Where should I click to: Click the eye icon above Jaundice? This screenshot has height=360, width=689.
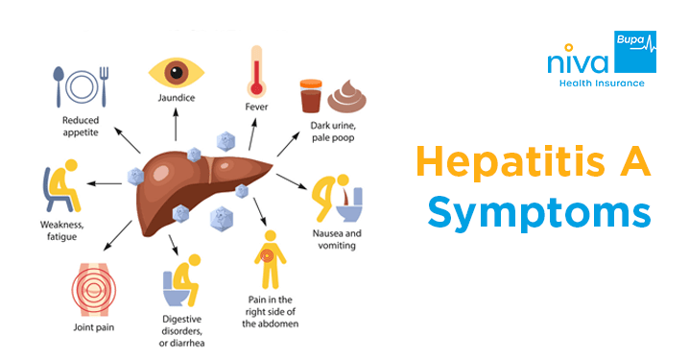(176, 71)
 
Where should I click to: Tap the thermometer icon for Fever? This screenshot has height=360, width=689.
(256, 71)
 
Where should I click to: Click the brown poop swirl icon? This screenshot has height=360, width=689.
(347, 96)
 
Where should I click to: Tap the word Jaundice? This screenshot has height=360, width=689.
(176, 99)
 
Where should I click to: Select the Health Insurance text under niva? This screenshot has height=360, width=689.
(602, 84)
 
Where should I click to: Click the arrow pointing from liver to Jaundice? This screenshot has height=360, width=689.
(176, 127)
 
